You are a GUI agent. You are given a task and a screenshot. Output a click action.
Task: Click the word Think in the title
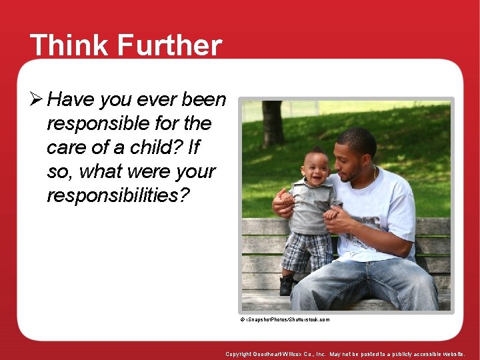pyautogui.click(x=68, y=46)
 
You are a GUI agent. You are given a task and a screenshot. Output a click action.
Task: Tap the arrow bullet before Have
pyautogui.click(x=37, y=100)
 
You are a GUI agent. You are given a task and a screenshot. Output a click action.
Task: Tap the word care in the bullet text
pyautogui.click(x=65, y=147)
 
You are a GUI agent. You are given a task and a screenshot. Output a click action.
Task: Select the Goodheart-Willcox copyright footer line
pyautogui.click(x=345, y=354)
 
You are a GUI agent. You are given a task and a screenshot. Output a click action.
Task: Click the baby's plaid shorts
pyautogui.click(x=307, y=251)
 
